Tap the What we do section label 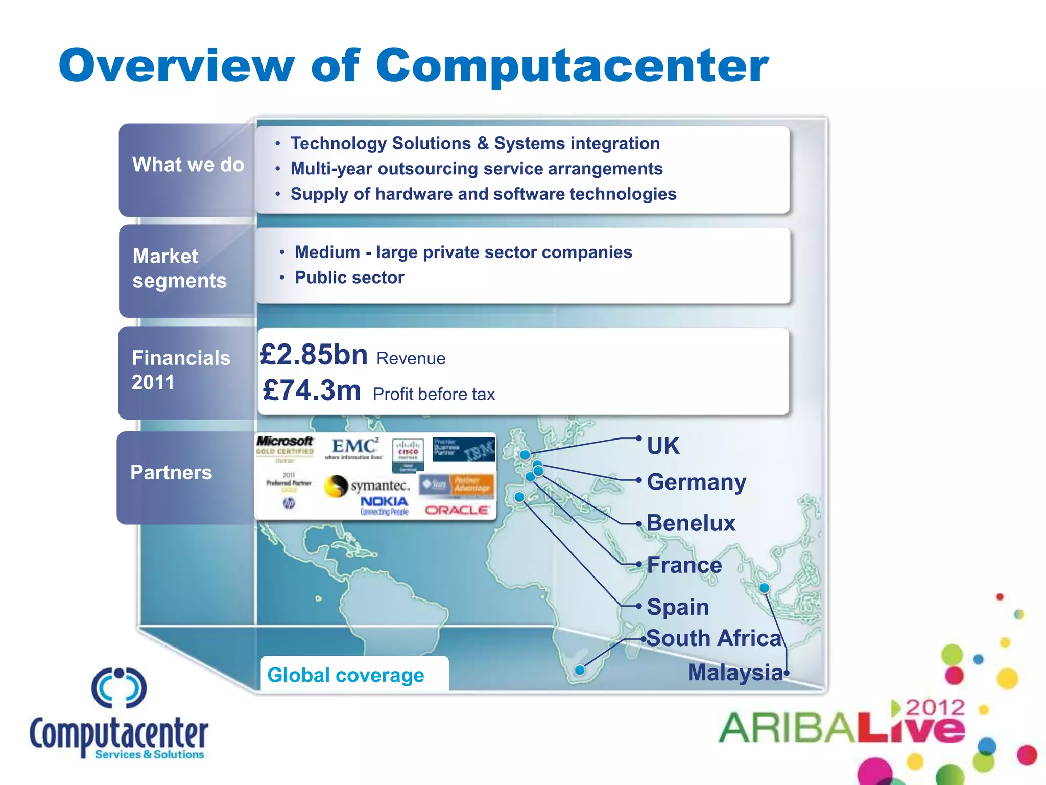(188, 165)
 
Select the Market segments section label (179, 268)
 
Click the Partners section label (171, 473)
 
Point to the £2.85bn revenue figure (314, 354)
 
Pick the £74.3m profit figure (312, 390)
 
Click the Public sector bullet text (349, 278)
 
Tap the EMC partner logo (353, 448)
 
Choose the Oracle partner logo (457, 510)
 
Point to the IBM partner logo (463, 450)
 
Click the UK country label (663, 446)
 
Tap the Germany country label (696, 482)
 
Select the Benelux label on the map (691, 523)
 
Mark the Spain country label (678, 607)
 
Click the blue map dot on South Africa (580, 670)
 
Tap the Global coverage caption (346, 675)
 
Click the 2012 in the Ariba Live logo (935, 708)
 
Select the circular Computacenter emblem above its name (119, 687)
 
